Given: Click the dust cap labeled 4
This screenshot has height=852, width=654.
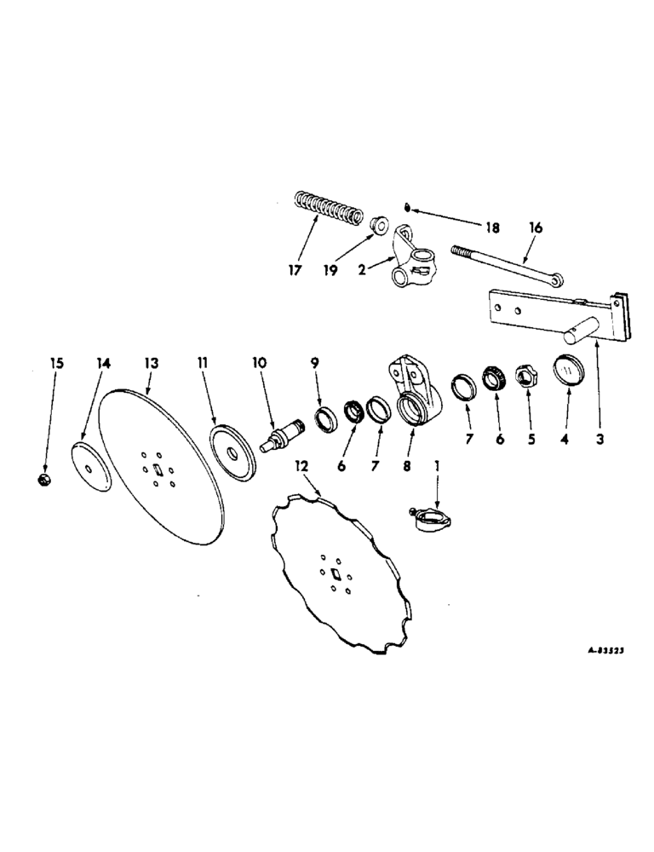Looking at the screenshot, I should pyautogui.click(x=566, y=371).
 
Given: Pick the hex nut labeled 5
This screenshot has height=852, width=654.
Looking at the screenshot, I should pyautogui.click(x=524, y=377).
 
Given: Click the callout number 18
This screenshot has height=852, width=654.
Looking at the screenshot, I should pyautogui.click(x=492, y=227).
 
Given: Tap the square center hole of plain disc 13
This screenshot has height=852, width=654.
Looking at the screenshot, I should pyautogui.click(x=158, y=470).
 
